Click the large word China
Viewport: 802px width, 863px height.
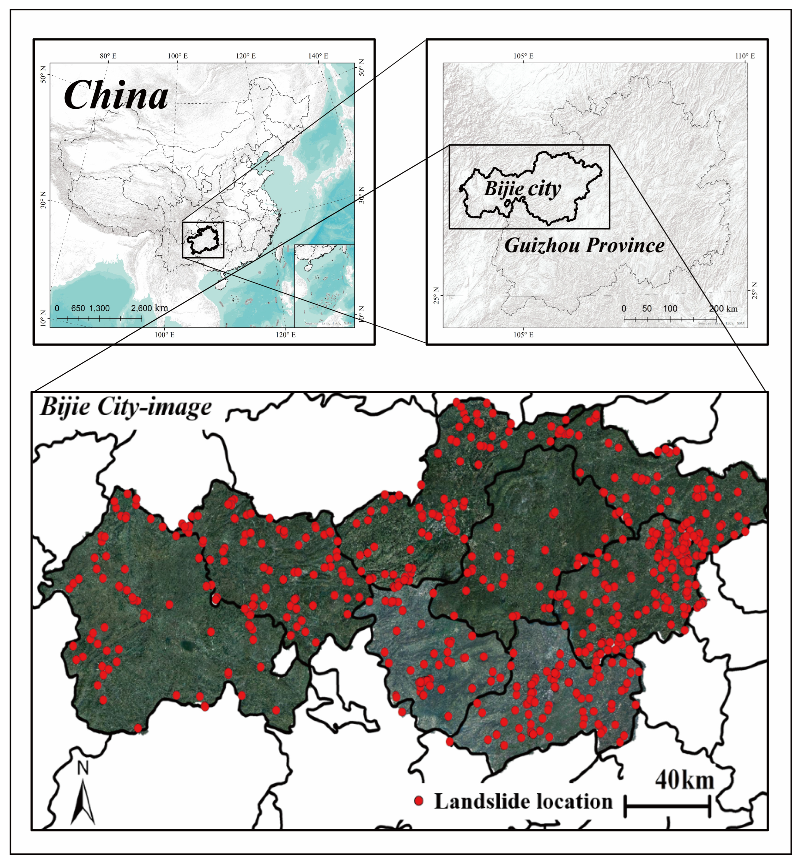pyautogui.click(x=116, y=96)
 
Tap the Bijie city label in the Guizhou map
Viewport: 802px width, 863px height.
pyautogui.click(x=523, y=189)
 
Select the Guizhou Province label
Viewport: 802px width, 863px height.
pyautogui.click(x=584, y=246)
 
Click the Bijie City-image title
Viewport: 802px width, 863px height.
pyautogui.click(x=126, y=407)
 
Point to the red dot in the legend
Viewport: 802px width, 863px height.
pyautogui.click(x=419, y=801)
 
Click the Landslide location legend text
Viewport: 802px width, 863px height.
pyautogui.click(x=523, y=801)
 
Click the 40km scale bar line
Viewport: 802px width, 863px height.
pyautogui.click(x=667, y=806)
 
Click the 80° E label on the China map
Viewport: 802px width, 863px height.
pyautogui.click(x=108, y=56)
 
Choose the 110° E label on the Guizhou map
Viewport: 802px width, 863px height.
pyautogui.click(x=745, y=56)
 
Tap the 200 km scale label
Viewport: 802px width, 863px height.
pyautogui.click(x=724, y=309)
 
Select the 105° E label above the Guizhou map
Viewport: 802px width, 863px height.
pyautogui.click(x=523, y=56)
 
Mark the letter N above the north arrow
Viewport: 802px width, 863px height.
pyautogui.click(x=83, y=768)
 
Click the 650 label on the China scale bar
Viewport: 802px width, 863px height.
pyautogui.click(x=78, y=308)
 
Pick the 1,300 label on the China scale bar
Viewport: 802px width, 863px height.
pyautogui.click(x=99, y=308)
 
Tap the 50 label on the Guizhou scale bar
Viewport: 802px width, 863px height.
pyautogui.click(x=647, y=309)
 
